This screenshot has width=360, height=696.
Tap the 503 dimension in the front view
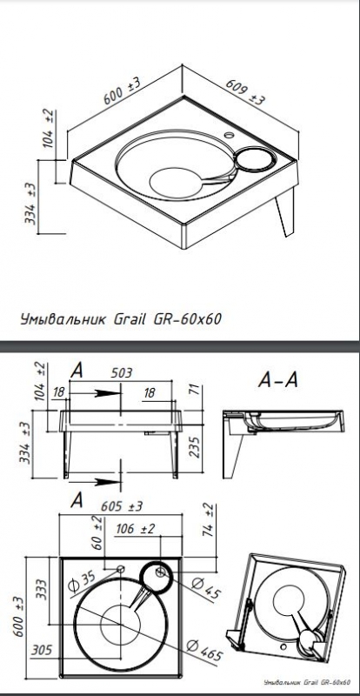pyautogui.click(x=122, y=372)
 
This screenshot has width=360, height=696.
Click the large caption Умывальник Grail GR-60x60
pyautogui.click(x=121, y=318)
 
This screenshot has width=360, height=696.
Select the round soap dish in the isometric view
pyautogui.click(x=255, y=159)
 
